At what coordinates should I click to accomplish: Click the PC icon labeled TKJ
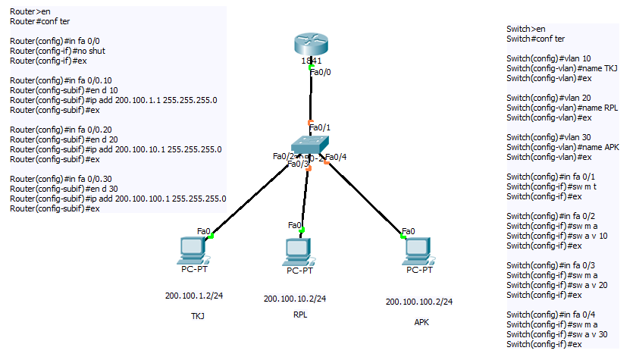(x=189, y=250)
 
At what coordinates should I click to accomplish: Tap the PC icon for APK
(x=418, y=250)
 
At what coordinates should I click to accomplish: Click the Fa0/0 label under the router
(x=321, y=72)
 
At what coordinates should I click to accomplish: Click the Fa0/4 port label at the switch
(x=336, y=157)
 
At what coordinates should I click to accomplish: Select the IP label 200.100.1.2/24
(x=193, y=295)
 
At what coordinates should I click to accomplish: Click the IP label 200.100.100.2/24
(x=419, y=301)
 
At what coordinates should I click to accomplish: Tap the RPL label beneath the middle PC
(x=300, y=315)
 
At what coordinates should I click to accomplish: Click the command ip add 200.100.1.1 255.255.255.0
(x=114, y=100)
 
